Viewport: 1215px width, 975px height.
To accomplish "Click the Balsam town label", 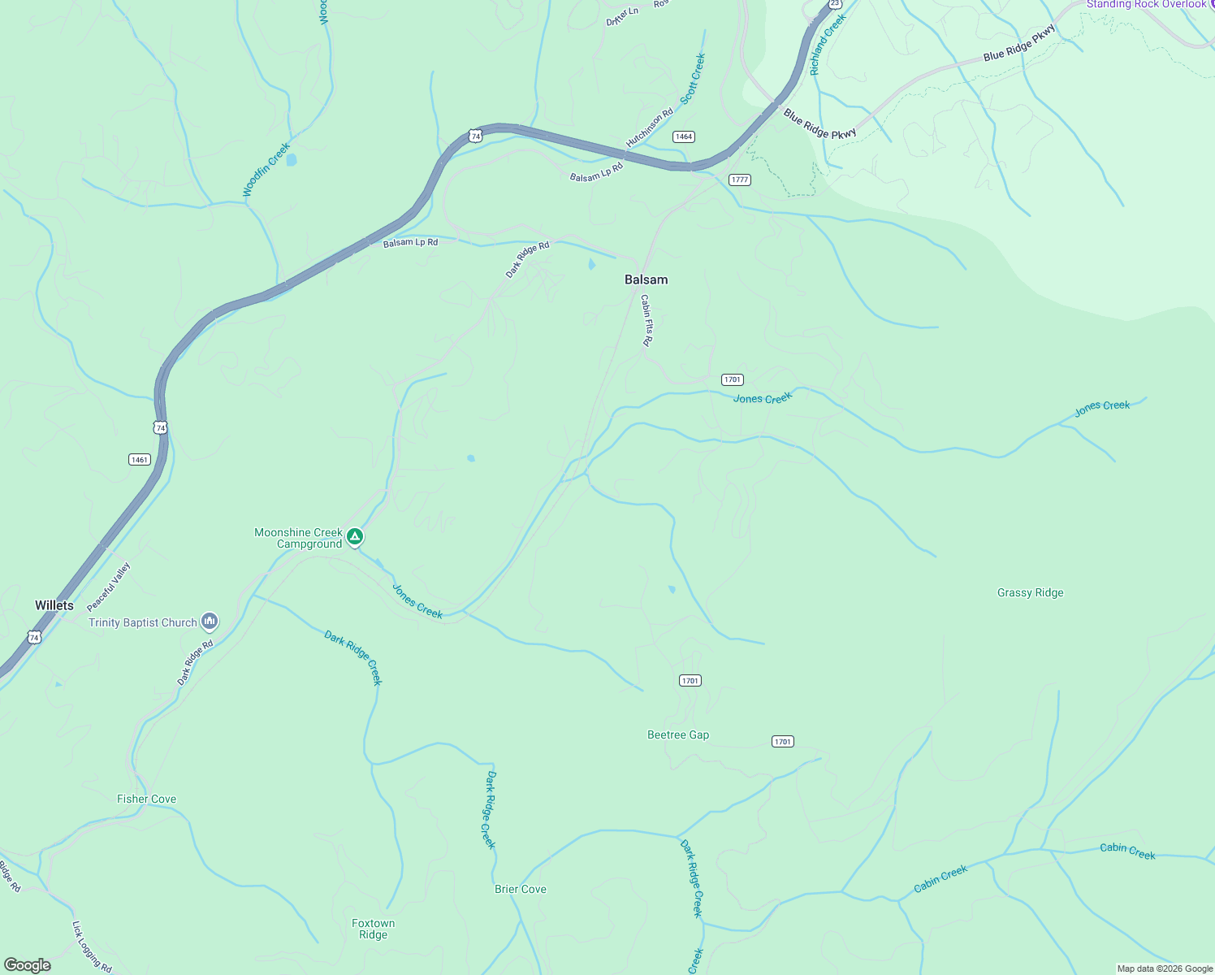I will tap(646, 279).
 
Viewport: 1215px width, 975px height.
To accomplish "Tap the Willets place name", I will tap(54, 605).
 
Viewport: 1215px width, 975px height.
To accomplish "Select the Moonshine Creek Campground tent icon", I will tap(354, 537).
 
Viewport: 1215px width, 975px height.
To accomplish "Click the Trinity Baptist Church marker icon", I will tap(210, 622).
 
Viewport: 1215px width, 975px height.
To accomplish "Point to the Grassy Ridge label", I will tap(1030, 593).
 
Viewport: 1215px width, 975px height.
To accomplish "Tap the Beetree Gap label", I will tap(678, 734).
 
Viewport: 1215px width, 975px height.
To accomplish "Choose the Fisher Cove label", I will tap(146, 799).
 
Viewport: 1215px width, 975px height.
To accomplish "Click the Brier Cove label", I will tap(521, 889).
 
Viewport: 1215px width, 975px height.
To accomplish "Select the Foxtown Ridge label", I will tap(373, 929).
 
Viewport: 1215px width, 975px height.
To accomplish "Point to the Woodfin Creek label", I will tap(266, 170).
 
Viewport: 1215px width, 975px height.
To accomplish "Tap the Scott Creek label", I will tap(693, 79).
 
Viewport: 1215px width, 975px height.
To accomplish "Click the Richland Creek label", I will tap(828, 45).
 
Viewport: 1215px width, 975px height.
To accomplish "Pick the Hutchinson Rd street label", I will tap(650, 128).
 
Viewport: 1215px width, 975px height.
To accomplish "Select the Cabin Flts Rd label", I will tap(646, 320).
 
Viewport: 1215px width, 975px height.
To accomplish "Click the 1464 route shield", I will tap(684, 136).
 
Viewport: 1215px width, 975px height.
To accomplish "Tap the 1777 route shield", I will tap(739, 180).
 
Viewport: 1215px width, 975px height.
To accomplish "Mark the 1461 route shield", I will tap(140, 460).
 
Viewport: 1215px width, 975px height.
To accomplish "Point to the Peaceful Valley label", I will tap(109, 587).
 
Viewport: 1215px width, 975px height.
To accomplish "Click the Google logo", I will tap(28, 964).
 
